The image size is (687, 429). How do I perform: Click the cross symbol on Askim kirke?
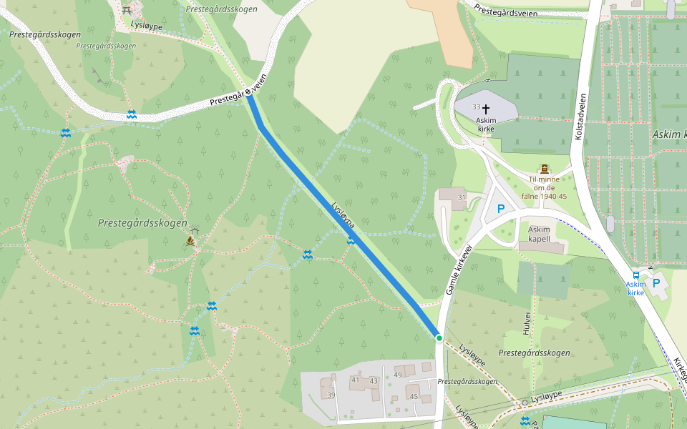point(486,109)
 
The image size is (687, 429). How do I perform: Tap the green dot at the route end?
point(439,337)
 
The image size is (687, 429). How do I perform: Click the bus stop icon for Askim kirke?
point(636,275)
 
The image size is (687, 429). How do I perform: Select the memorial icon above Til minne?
point(545,169)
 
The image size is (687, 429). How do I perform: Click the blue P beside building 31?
point(501,209)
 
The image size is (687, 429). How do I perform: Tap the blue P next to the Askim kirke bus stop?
point(656,283)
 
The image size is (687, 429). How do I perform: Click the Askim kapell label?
point(539,234)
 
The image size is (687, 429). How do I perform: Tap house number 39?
point(331,395)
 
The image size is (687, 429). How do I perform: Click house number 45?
point(414,396)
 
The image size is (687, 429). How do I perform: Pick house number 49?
point(398,375)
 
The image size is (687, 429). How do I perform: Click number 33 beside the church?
point(476,107)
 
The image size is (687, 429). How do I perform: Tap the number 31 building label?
point(462,197)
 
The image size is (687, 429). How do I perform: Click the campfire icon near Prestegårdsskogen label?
point(191,241)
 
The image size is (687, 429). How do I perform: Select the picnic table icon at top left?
point(127,10)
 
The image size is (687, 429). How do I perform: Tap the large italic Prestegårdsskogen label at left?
point(142,223)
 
